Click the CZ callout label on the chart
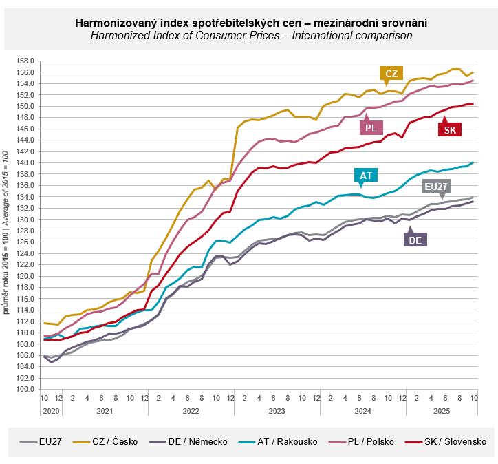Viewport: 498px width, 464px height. (391, 74)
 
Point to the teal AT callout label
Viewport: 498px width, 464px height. (365, 176)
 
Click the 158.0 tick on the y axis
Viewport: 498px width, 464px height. (26, 61)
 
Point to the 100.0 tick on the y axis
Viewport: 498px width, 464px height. (26, 390)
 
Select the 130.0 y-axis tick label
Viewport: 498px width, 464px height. (26, 220)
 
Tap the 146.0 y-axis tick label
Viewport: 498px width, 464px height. (26, 129)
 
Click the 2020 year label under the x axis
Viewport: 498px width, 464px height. (50, 411)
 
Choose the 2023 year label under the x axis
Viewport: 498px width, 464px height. (276, 411)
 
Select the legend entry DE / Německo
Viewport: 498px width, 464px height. (199, 441)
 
